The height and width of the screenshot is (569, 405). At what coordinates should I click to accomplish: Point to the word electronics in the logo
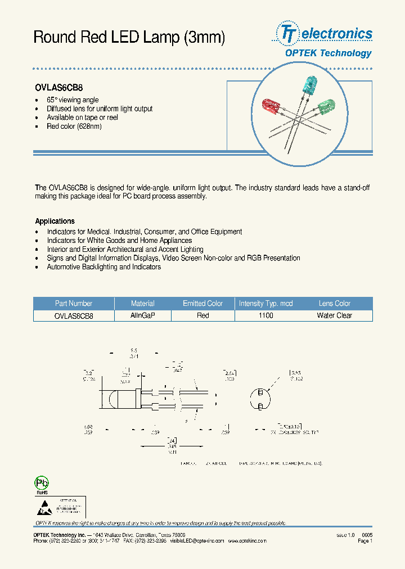click(337, 34)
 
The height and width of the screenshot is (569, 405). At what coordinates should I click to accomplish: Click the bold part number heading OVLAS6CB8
click(59, 88)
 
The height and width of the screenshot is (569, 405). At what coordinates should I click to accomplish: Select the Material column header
click(142, 304)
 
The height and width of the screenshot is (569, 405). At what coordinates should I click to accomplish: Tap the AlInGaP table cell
click(142, 315)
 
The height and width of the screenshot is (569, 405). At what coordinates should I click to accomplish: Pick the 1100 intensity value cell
click(265, 315)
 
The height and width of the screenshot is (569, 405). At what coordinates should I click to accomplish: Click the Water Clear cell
click(334, 315)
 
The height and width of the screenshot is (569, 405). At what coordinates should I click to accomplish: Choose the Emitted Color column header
click(202, 304)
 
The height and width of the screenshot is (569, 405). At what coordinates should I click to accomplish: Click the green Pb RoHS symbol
click(42, 484)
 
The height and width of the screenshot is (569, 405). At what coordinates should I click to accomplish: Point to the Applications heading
click(55, 222)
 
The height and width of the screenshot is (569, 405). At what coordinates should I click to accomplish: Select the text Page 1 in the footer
click(364, 541)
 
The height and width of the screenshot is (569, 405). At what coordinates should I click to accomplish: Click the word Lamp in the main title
click(160, 38)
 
